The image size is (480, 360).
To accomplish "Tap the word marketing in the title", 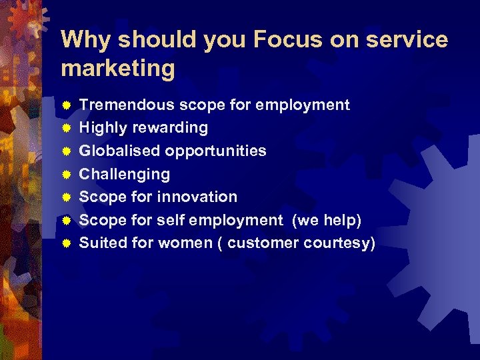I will [118, 67].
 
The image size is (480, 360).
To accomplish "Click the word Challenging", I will [125, 174].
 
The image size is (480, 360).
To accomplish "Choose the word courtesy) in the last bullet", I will [340, 243].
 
